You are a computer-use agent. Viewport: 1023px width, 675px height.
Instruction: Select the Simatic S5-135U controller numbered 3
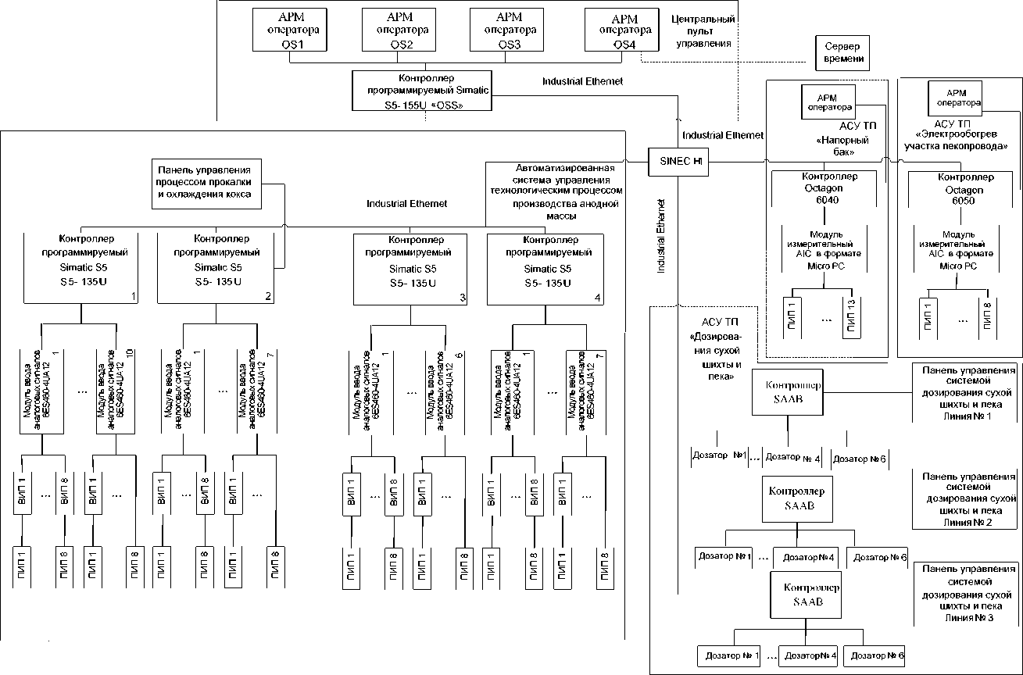(x=410, y=268)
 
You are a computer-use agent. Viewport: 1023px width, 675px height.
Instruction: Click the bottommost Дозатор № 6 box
(x=874, y=655)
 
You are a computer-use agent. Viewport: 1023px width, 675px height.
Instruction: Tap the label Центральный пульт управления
(x=704, y=30)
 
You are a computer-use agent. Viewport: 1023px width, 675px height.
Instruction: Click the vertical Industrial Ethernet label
(x=661, y=234)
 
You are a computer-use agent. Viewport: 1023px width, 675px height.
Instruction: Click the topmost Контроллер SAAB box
(x=793, y=392)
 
